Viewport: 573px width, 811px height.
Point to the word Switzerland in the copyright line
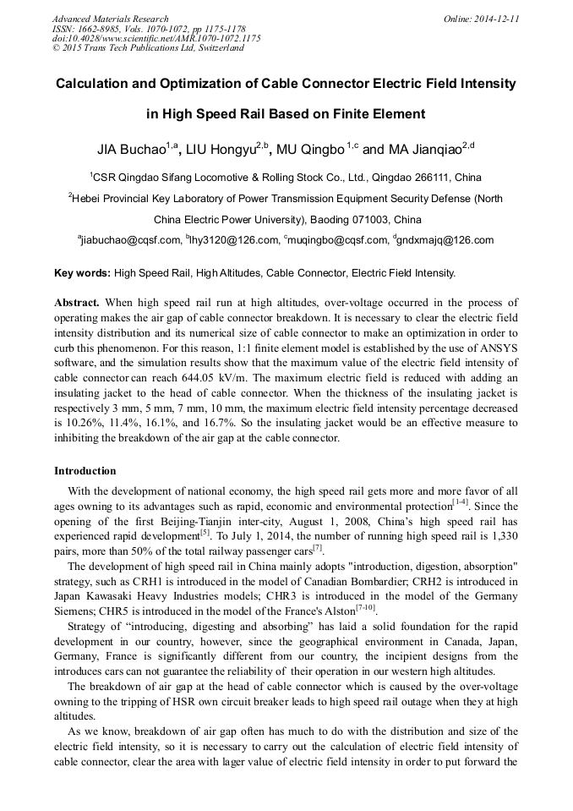pos(216,48)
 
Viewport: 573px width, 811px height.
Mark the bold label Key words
pos(82,273)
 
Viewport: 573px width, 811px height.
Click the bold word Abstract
pos(77,303)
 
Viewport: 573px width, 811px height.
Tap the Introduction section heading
pos(85,471)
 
